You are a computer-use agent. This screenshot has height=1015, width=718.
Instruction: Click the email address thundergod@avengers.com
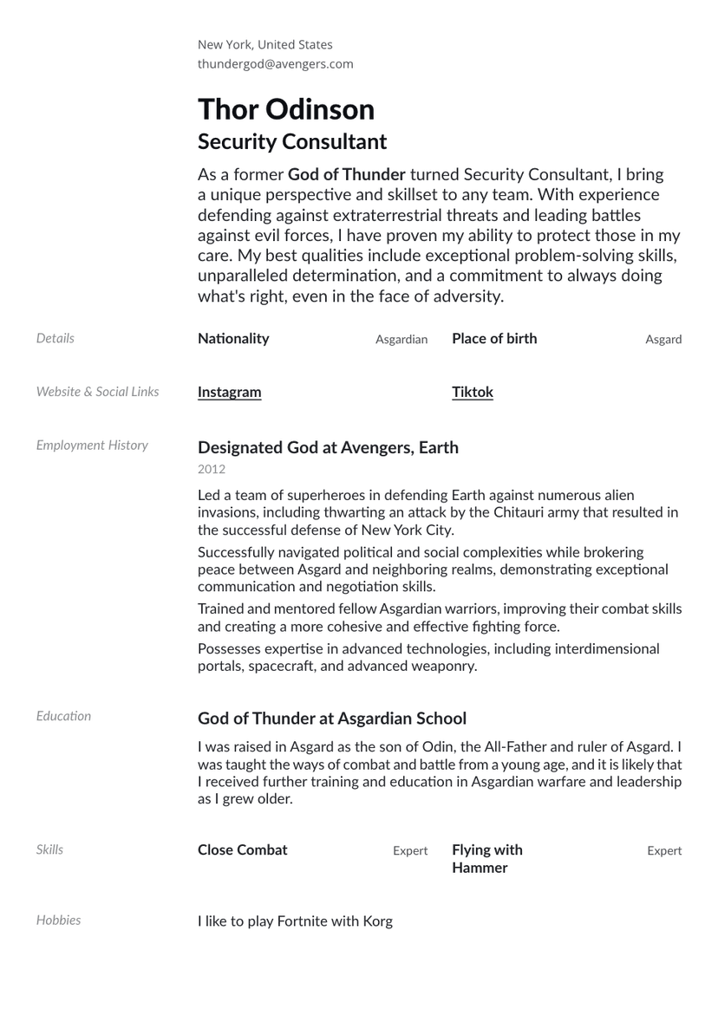pos(275,64)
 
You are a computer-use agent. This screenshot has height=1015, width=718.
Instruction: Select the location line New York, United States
pos(264,45)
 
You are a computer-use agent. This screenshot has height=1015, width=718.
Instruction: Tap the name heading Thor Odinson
pos(286,110)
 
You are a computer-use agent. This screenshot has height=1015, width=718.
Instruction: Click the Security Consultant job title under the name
pos(292,142)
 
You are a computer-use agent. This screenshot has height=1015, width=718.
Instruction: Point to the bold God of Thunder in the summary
pos(347,175)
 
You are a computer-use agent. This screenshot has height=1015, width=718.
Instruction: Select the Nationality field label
pos(233,339)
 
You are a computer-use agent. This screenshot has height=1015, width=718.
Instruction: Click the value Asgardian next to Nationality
pos(401,340)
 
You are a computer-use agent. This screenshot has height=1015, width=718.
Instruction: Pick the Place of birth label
pos(494,339)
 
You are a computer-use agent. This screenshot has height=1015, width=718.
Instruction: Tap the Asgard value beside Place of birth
pos(663,340)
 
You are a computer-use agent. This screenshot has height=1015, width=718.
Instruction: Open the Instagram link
pos(229,392)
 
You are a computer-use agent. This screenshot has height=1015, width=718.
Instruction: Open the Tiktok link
pos(473,392)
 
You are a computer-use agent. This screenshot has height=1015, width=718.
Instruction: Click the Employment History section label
pos(92,446)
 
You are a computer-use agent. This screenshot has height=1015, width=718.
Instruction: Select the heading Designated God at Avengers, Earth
pos(328,448)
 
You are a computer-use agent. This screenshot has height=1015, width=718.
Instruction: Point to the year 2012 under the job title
pos(212,470)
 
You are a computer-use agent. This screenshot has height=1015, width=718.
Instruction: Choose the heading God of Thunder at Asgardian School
pos(332,719)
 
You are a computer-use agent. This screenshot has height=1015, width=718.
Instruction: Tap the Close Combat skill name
pos(242,850)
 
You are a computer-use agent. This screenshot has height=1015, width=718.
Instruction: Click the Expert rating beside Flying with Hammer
pos(664,851)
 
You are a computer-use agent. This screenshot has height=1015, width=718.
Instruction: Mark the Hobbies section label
pos(58,921)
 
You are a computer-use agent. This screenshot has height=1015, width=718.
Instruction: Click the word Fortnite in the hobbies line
pos(304,921)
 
